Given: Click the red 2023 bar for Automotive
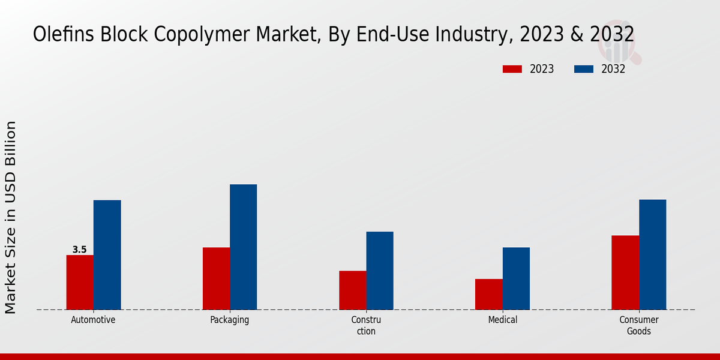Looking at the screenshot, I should [80, 283].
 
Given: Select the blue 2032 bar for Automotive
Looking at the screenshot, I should [107, 255].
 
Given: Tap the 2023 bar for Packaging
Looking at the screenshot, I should [216, 278].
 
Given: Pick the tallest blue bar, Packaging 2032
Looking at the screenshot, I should [243, 247].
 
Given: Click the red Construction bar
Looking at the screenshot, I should [352, 290].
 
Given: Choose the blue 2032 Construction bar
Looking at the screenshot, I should [380, 271].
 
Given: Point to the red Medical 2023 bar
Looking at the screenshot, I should [488, 294].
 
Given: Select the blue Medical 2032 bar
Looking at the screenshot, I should [516, 278].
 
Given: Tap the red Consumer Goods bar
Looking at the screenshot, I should [625, 272].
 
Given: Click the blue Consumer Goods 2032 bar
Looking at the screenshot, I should [652, 254].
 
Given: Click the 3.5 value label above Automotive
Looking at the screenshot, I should [79, 250].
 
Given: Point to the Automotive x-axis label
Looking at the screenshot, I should [93, 320].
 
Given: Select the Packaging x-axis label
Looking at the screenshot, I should [229, 320].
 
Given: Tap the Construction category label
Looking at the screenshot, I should [366, 326].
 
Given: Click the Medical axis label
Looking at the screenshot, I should [502, 320].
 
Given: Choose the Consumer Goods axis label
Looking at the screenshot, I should [639, 326].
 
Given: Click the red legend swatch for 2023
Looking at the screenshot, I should [512, 69].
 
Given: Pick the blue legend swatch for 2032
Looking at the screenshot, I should [583, 69].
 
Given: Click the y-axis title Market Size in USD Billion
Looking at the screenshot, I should [11, 217].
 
